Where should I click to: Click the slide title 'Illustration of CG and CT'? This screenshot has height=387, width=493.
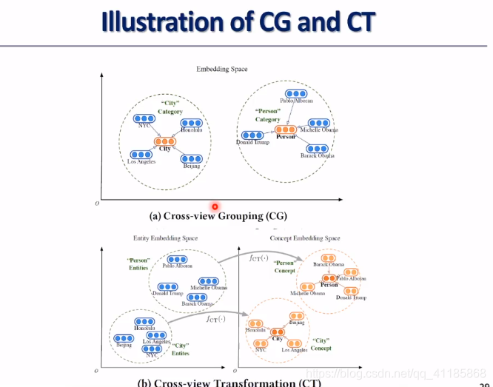238,21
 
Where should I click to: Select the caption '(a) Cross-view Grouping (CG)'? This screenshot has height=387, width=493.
218,216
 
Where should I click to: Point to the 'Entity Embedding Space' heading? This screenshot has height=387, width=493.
166,238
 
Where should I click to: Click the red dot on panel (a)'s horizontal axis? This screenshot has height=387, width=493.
215,207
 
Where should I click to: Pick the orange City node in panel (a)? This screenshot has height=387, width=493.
165,141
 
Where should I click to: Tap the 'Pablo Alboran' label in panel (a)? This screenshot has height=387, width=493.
296,101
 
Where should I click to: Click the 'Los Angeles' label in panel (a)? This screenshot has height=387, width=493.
141,161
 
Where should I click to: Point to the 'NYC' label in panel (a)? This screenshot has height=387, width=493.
144,125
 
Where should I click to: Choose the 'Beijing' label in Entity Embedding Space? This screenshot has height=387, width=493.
124,346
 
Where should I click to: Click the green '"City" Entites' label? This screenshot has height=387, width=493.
180,348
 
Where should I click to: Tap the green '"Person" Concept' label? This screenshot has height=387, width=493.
285,266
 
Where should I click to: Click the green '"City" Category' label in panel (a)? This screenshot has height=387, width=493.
170,107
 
